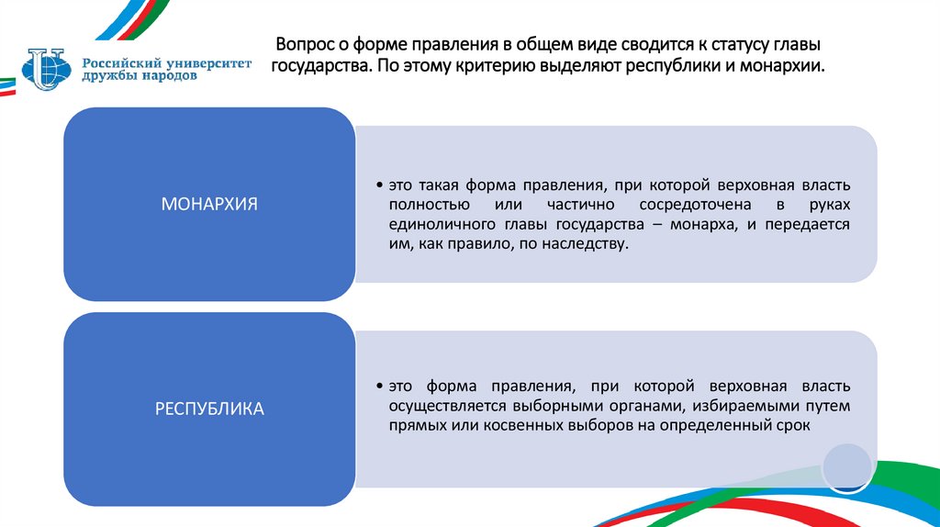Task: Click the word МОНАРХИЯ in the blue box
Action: coord(209,204)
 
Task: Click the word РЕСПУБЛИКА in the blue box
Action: coord(209,409)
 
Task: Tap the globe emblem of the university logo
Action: coord(45,67)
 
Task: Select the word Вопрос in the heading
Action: coord(305,45)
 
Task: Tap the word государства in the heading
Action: coord(315,67)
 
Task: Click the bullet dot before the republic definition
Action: coord(380,386)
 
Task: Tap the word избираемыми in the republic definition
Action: coord(737,406)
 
